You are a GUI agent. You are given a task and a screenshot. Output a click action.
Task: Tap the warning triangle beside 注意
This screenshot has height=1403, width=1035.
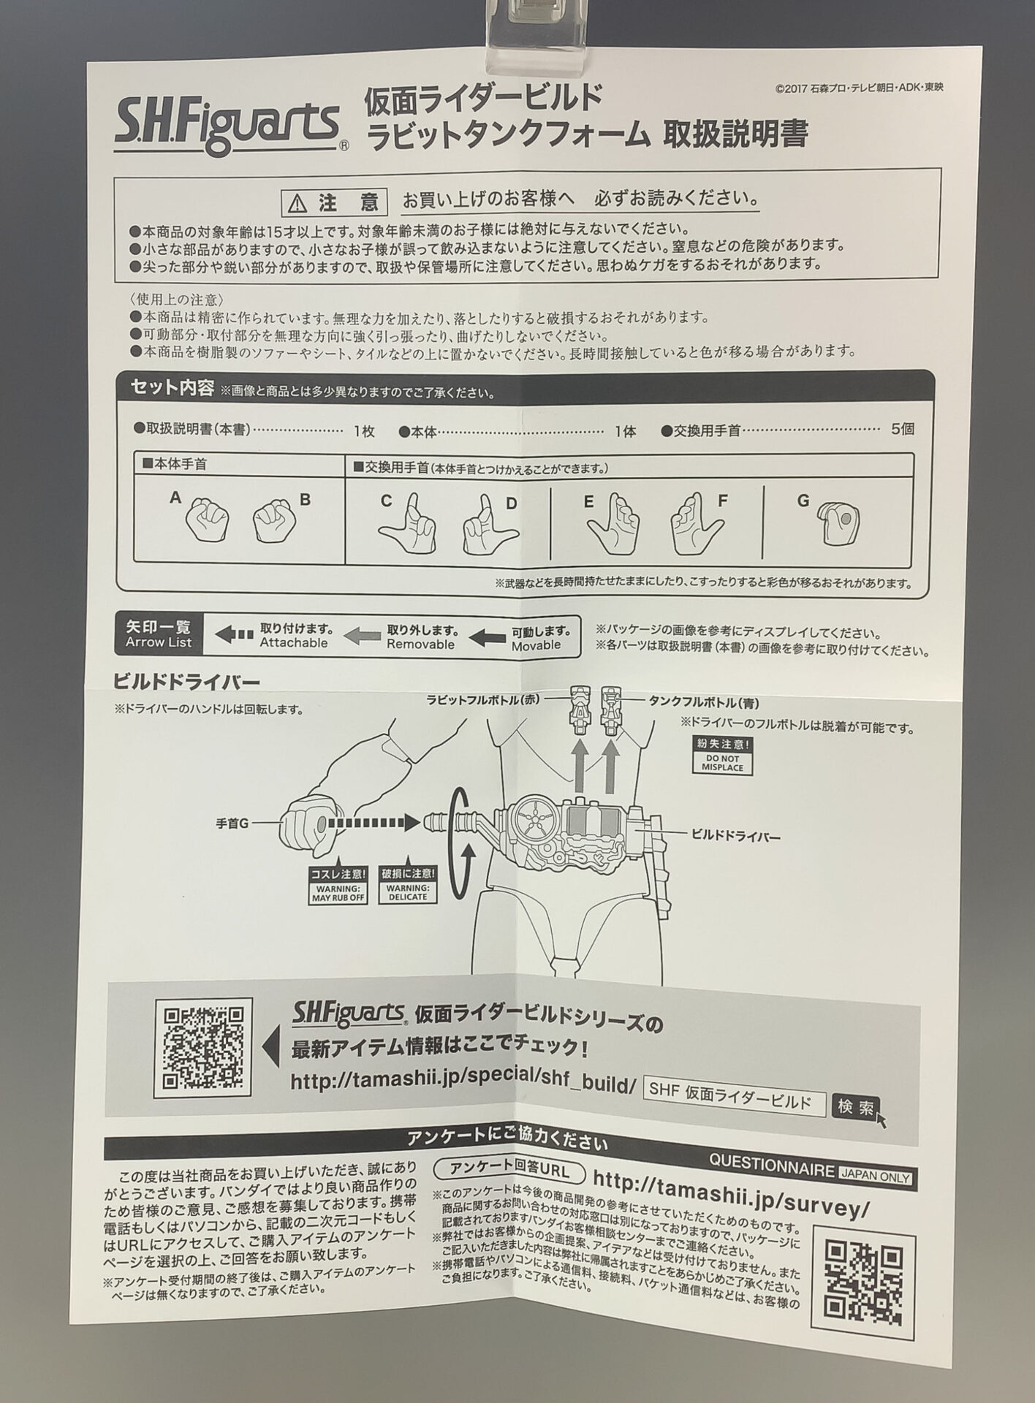point(296,202)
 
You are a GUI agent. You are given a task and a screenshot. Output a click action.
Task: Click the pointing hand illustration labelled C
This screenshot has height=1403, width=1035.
point(408,519)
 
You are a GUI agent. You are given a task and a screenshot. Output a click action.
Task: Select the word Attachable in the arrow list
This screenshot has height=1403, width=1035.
point(294,643)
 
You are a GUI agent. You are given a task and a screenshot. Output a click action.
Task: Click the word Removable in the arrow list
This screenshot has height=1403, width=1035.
point(420,645)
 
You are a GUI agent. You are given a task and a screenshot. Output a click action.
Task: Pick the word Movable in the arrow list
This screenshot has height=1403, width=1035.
point(537,645)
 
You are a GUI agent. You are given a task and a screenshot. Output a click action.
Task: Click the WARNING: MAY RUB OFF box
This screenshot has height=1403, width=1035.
point(338,885)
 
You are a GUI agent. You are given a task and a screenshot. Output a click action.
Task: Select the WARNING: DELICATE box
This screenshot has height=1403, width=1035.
point(408,885)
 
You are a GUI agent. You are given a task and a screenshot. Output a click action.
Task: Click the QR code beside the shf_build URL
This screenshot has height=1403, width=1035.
point(203,1049)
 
